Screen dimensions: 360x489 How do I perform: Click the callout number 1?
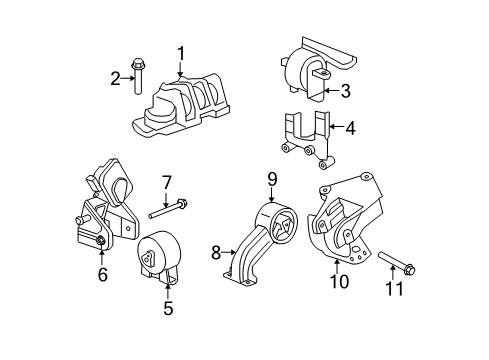(181, 53)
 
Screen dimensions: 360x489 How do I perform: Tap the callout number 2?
(115, 78)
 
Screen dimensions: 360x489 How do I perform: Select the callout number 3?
(345, 92)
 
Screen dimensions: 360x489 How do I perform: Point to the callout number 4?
(350, 129)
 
